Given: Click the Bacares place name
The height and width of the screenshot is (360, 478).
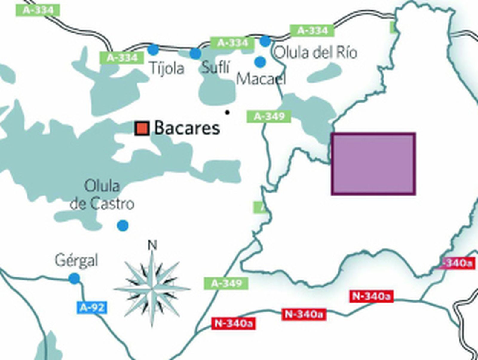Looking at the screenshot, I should coord(187,128).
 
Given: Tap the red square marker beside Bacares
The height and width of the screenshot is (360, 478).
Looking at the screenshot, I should coord(142,129).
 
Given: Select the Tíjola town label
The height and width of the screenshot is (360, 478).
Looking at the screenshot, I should coord(167,68).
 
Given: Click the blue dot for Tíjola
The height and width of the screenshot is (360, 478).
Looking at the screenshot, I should coord(153,50).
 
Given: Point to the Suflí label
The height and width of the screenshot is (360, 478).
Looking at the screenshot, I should coord(215,67).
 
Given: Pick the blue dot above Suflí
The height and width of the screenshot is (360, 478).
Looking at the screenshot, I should coord(195,54).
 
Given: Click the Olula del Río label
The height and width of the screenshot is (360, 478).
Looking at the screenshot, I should coord(315,53).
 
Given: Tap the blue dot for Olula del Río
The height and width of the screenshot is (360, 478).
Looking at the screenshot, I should coord(265,41).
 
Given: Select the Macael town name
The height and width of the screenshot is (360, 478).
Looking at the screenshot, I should coord(261,79).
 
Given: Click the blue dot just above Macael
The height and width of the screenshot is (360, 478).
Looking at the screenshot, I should coord(260,62).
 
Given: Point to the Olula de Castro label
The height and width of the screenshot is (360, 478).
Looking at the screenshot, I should coord(102,195).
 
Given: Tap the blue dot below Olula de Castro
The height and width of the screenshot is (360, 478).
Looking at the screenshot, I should coord(122,225).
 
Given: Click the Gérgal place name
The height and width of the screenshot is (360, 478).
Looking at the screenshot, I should coord(76,260).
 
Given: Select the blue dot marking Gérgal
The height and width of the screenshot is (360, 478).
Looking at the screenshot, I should coord(74,279).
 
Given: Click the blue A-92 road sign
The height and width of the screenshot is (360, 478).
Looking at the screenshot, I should coord(92,307).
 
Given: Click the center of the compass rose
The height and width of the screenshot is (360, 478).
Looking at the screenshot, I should coord(152,289).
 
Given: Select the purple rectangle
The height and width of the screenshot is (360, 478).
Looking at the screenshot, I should coord(373,164).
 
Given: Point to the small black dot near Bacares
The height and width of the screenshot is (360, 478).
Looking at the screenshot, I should coord(227,112).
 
